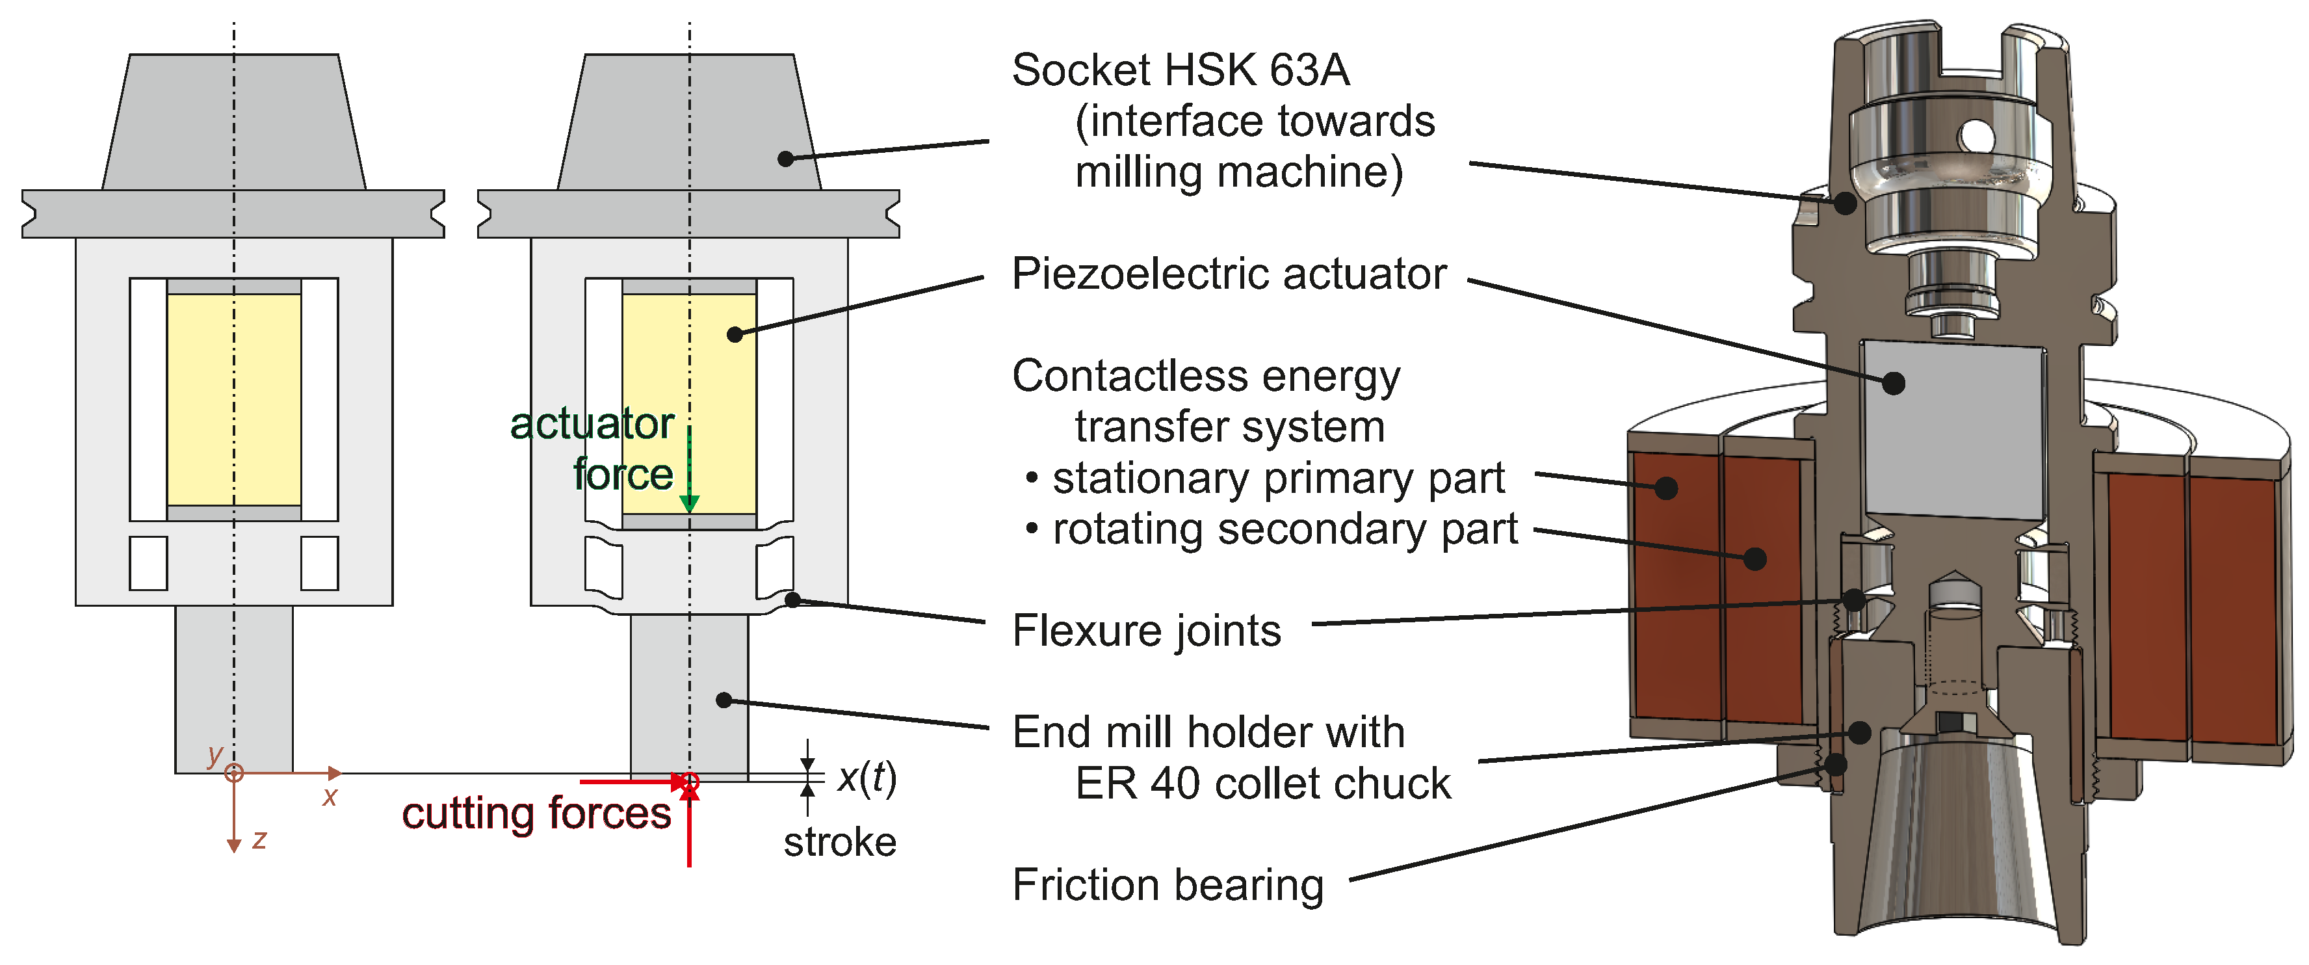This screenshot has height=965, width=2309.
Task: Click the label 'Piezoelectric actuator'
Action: click(x=1228, y=274)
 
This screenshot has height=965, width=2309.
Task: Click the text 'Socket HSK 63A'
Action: click(x=1180, y=70)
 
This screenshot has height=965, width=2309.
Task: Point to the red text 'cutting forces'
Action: click(x=536, y=814)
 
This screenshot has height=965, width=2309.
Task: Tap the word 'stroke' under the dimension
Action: click(x=839, y=843)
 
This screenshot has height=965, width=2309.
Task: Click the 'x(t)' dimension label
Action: click(x=866, y=778)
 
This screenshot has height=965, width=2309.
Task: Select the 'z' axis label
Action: click(x=259, y=839)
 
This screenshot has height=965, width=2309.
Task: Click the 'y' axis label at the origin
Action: click(x=215, y=754)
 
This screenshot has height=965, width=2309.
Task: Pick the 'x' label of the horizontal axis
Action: click(x=330, y=797)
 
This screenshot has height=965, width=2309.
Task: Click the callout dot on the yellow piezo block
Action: click(x=735, y=334)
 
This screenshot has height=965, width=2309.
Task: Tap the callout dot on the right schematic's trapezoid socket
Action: click(x=785, y=159)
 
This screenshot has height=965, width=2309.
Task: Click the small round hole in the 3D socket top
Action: click(x=1976, y=137)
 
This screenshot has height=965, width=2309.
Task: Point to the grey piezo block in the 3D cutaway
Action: click(x=1954, y=430)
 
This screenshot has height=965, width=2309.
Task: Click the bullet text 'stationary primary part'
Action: click(x=1277, y=478)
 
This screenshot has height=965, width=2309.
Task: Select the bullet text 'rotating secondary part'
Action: click(x=1284, y=529)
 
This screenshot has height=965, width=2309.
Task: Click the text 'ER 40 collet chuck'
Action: click(x=1262, y=784)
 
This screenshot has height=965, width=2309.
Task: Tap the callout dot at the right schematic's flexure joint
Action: click(x=792, y=599)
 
